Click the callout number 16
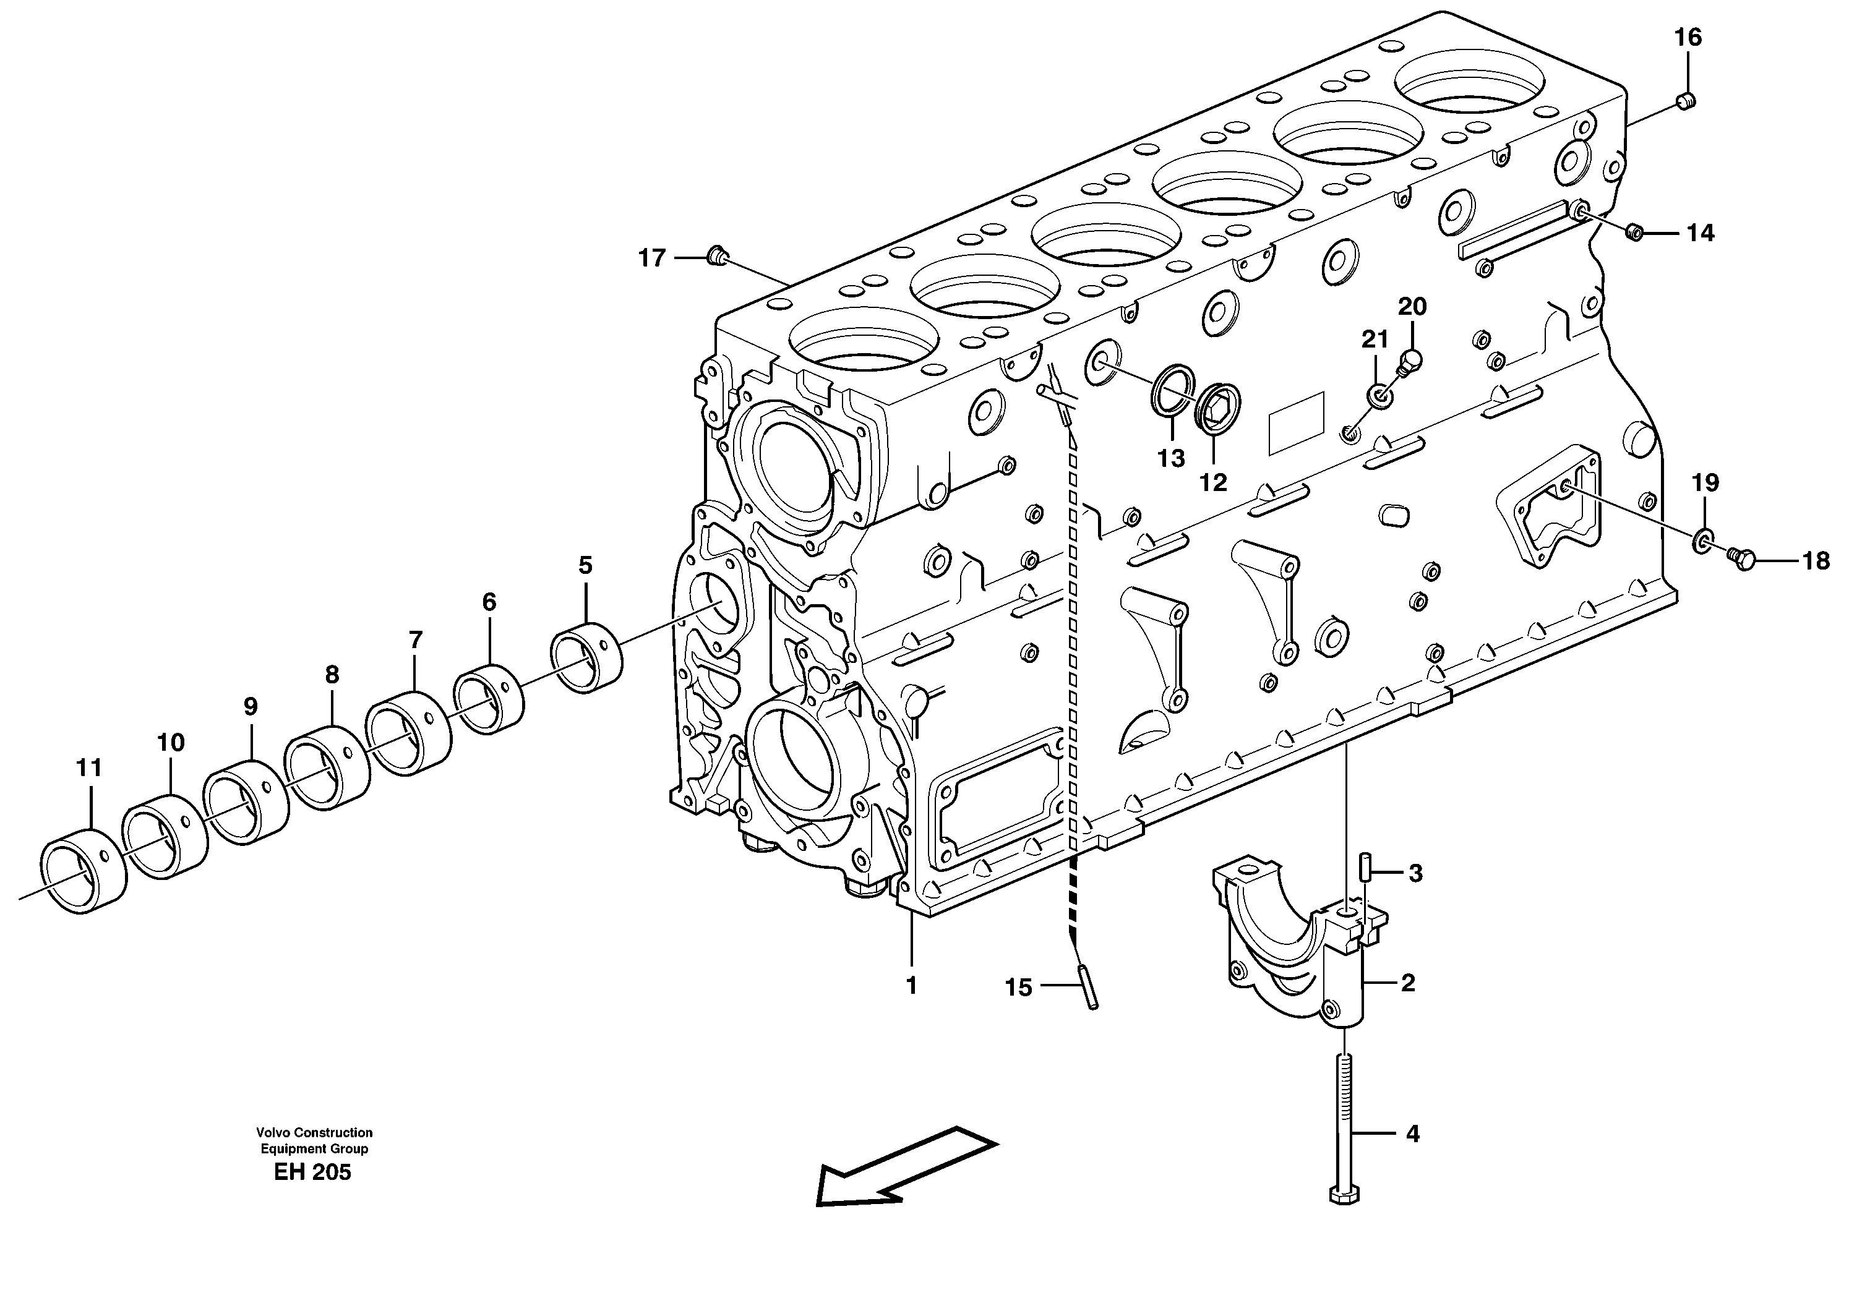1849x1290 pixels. coord(1688,38)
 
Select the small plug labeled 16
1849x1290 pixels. coord(1684,101)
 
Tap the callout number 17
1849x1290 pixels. coord(652,258)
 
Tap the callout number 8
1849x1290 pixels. coord(332,675)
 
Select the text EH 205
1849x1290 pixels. coord(312,1173)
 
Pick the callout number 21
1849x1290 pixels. coord(1375,340)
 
